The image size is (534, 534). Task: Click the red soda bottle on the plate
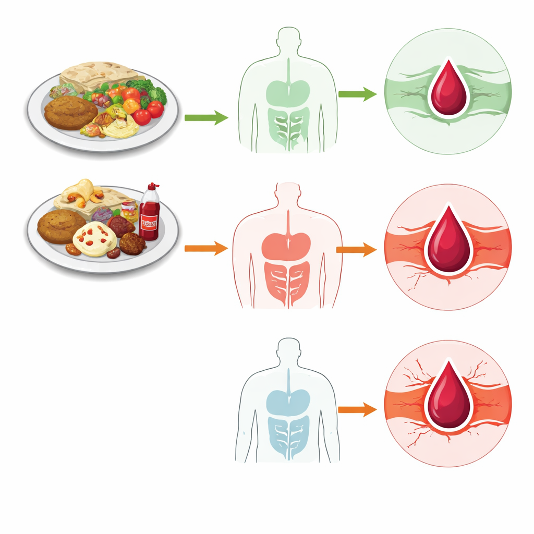(149, 216)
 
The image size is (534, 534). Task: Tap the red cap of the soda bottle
(153, 186)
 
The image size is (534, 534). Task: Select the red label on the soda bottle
(149, 224)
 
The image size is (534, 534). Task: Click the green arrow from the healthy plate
(206, 118)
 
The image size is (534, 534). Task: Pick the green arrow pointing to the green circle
(357, 94)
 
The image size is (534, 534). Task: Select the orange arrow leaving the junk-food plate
(206, 249)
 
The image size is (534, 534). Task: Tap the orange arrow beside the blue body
(357, 410)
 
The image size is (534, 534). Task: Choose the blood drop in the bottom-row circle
(448, 396)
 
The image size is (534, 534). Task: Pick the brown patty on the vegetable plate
(71, 112)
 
